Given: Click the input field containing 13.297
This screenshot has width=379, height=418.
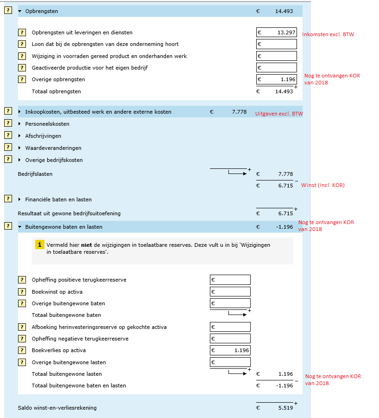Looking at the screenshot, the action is coord(277,32).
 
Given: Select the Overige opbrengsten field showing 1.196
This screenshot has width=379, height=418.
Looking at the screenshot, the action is coord(277,79).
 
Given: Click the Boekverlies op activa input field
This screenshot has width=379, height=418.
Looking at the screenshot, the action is coord(230,350).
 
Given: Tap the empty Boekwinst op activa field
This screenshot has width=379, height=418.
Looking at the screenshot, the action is coord(230,292).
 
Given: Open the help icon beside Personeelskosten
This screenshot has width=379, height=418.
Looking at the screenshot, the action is coord(8,123).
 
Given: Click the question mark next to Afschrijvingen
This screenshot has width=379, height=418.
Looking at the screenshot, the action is coord(8,135).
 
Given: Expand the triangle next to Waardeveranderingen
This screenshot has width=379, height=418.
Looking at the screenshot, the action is coord(19,148).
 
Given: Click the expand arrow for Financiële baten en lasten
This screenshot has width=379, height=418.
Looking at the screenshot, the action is coord(19,199).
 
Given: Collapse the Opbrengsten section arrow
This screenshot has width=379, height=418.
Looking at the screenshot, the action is coord(20,11).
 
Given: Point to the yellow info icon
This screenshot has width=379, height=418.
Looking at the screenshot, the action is coord(40,244).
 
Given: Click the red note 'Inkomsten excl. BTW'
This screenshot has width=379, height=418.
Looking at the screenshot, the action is coord(328,34).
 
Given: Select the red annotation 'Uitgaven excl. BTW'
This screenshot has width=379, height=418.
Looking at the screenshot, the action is coord(279,114).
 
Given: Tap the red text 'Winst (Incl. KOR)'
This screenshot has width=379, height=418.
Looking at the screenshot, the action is coord(323,185).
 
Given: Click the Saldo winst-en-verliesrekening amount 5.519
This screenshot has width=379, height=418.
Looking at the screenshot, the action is coord(285,408).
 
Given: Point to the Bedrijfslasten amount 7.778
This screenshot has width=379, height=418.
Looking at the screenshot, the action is coord(285,174).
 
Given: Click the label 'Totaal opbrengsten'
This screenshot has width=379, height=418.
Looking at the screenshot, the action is coord(56,91).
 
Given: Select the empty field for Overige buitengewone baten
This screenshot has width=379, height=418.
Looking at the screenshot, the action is coord(230,303).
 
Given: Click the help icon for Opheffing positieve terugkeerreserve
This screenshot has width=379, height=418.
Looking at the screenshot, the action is coord(22,280).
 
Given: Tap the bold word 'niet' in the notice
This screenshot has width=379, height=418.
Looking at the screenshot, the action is coord(86,245).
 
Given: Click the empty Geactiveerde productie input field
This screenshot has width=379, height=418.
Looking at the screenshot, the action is coord(277,68).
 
